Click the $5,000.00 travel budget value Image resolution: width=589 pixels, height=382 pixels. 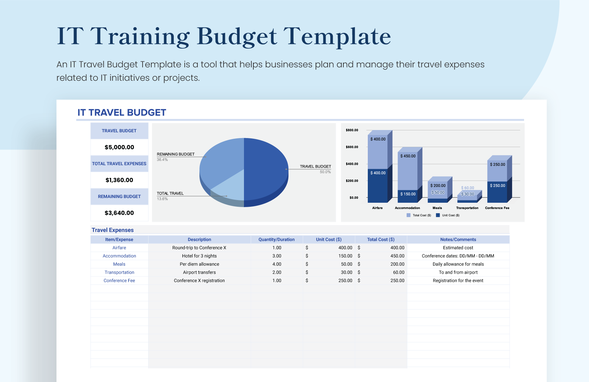(x=119, y=147)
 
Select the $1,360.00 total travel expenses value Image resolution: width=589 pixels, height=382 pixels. (x=119, y=180)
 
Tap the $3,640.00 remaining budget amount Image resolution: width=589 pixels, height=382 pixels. (x=119, y=213)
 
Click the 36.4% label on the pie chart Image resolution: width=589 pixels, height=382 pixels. (x=162, y=160)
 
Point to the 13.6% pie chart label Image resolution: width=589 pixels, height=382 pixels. (x=162, y=199)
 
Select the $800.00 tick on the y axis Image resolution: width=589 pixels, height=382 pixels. (x=352, y=130)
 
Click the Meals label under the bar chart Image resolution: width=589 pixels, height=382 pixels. (x=437, y=208)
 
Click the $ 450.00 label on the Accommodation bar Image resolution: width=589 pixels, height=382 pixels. (x=408, y=156)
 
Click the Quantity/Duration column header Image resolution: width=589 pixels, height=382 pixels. (x=276, y=240)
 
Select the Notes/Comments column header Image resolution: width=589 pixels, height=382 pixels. (x=458, y=240)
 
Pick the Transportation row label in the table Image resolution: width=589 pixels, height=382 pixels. (x=119, y=272)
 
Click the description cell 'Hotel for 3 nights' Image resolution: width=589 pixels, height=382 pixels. (x=199, y=256)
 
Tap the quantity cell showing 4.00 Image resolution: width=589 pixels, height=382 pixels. (x=277, y=264)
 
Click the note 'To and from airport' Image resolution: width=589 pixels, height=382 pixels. (x=458, y=272)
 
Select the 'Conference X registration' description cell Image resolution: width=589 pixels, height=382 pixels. (x=199, y=280)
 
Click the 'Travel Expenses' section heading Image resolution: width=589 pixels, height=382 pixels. (x=112, y=230)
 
